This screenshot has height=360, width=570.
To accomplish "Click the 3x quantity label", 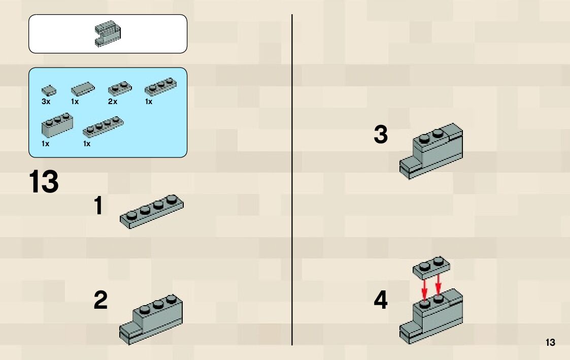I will pos(46,102).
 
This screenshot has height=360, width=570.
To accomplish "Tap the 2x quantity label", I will pos(113,102).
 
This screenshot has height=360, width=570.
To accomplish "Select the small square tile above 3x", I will pos(49,91).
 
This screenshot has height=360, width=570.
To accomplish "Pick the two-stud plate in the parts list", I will pos(119,89).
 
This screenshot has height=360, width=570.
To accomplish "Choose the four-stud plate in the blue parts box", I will pos(104,127).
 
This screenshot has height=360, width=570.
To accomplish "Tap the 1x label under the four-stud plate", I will pos(87,144).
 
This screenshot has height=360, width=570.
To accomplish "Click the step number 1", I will pos(98,207).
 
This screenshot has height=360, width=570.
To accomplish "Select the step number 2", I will pos(100,301).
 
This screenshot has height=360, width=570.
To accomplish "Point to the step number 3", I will pos(381,136).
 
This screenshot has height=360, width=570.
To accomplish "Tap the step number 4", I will pos(381,301).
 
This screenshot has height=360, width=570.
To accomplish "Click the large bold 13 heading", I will pos(44,182).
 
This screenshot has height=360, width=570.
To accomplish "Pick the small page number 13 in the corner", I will pos(551,343).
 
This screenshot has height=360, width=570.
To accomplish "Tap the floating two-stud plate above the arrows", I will pos(431,267).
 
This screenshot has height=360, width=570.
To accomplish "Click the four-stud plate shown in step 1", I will pos(152,211).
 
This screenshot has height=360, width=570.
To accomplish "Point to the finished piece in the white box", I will pos(108,34).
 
